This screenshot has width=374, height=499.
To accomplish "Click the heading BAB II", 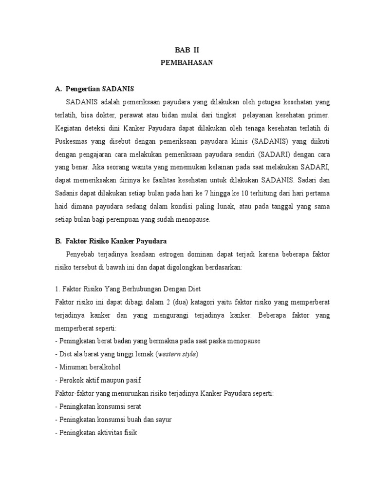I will [x=187, y=50].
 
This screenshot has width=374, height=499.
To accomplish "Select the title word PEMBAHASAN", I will [x=187, y=63].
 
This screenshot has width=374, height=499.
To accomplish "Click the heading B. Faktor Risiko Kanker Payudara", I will [x=111, y=241].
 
